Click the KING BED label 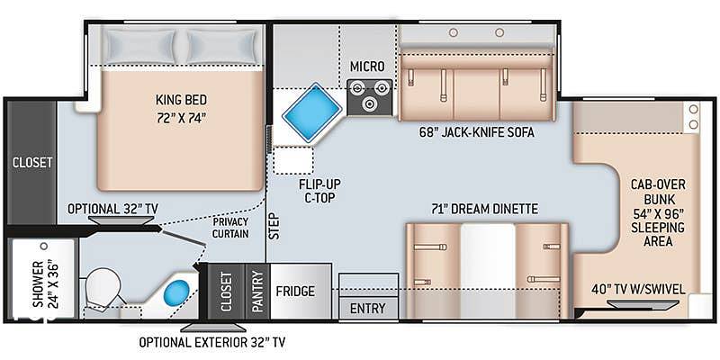[181, 100]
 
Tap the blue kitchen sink [311, 112]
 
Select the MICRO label [367, 67]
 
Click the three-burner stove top [370, 97]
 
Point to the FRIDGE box [301, 291]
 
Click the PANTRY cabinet [257, 291]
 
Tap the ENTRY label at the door [368, 308]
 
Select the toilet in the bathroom [103, 287]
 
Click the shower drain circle [43, 246]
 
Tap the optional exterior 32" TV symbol [212, 328]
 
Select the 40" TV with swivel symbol [643, 304]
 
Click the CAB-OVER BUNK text [652, 193]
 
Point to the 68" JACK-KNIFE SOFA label [476, 132]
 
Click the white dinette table [488, 271]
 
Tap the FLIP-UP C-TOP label [317, 191]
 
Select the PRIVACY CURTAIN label [230, 228]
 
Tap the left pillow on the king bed [139, 47]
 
